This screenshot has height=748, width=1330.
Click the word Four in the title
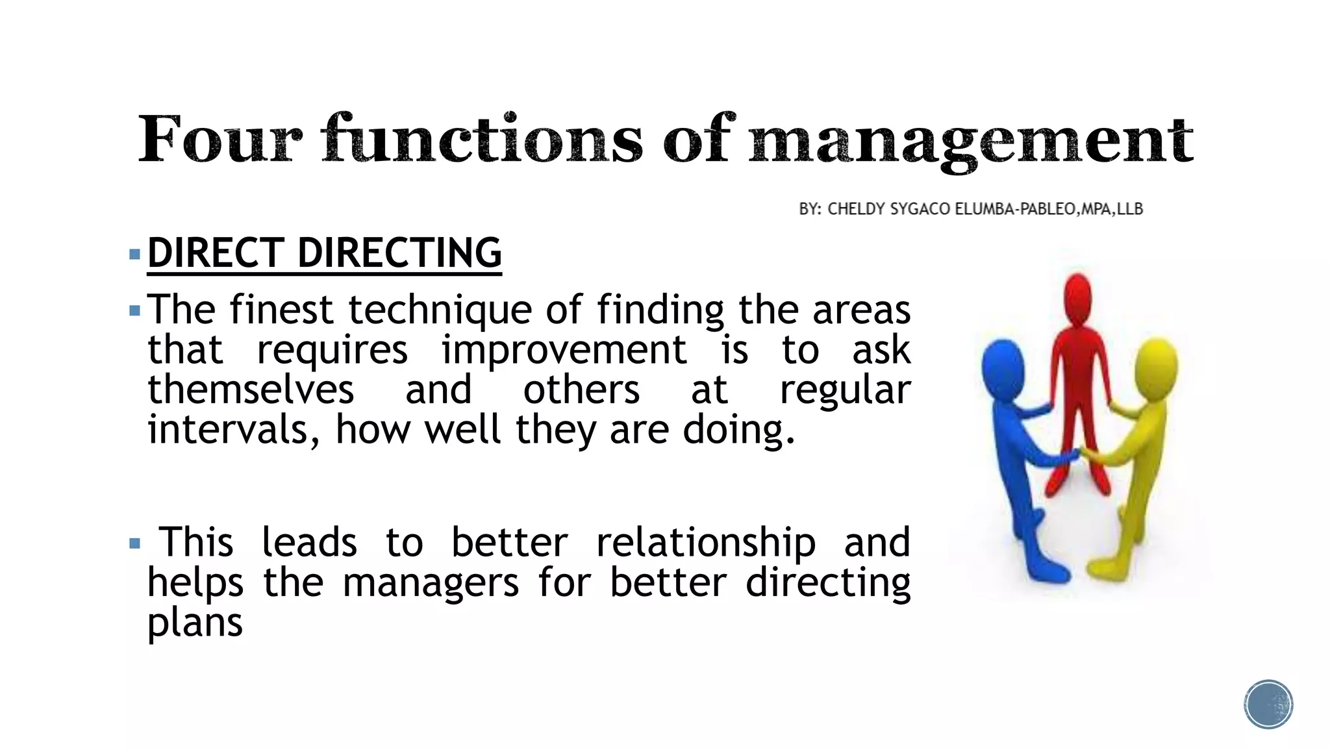(x=220, y=139)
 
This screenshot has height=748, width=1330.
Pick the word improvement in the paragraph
(x=564, y=350)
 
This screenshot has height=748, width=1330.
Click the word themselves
(x=251, y=390)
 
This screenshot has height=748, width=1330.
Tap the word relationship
(x=706, y=543)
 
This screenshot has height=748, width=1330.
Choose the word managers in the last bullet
(x=431, y=582)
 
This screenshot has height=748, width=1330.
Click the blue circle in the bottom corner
(x=1268, y=704)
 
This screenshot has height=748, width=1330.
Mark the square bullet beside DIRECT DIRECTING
(x=135, y=253)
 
